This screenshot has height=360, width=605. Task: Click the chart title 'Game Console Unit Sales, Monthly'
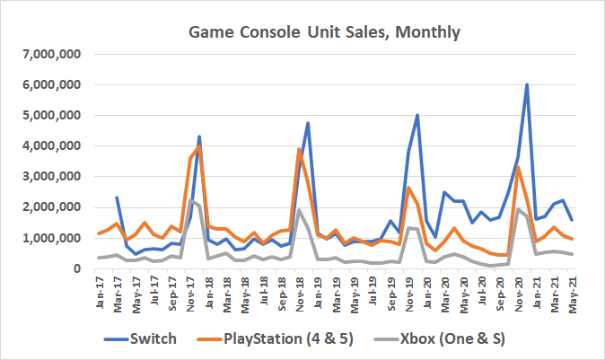(x=324, y=33)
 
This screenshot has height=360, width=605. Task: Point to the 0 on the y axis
(x=78, y=268)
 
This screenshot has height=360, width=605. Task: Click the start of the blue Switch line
(x=118, y=198)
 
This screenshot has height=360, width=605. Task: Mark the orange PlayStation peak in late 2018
(x=298, y=149)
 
